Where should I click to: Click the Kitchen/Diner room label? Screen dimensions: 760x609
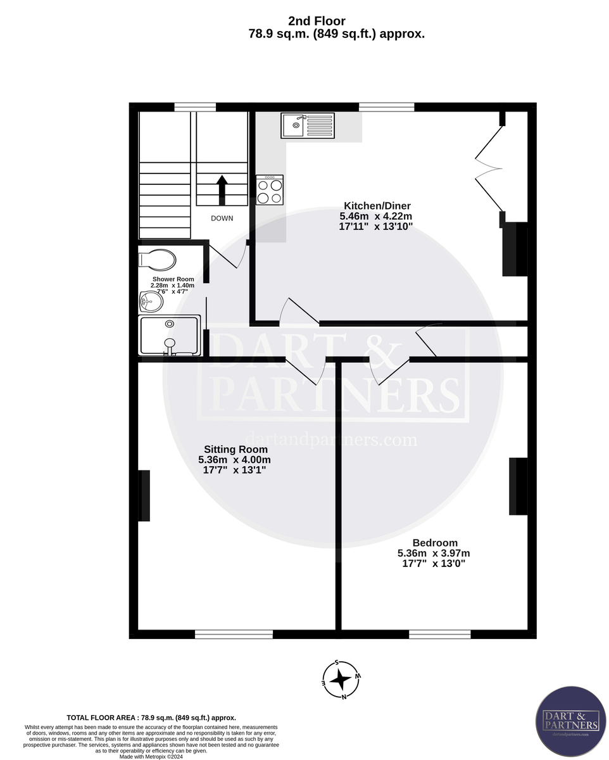tap(377, 206)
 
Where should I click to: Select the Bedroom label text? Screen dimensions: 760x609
tap(434, 543)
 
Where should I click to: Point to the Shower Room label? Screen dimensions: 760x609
tap(173, 279)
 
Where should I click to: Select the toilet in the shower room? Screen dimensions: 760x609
tap(158, 258)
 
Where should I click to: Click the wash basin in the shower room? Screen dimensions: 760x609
tap(150, 302)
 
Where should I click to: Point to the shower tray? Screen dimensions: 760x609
tap(170, 336)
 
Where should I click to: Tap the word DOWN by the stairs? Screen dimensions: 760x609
tap(222, 218)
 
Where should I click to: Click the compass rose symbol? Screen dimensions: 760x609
tap(341, 680)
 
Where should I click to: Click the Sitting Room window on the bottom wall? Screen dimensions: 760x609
tap(234, 633)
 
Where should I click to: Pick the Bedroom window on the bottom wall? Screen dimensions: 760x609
tap(439, 633)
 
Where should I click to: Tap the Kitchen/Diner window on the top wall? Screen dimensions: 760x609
tap(386, 107)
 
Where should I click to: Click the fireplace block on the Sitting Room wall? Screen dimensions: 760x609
tap(144, 495)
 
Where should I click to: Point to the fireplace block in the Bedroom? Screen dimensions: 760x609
tap(518, 486)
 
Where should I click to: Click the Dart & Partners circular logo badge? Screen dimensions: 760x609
tap(570, 721)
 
